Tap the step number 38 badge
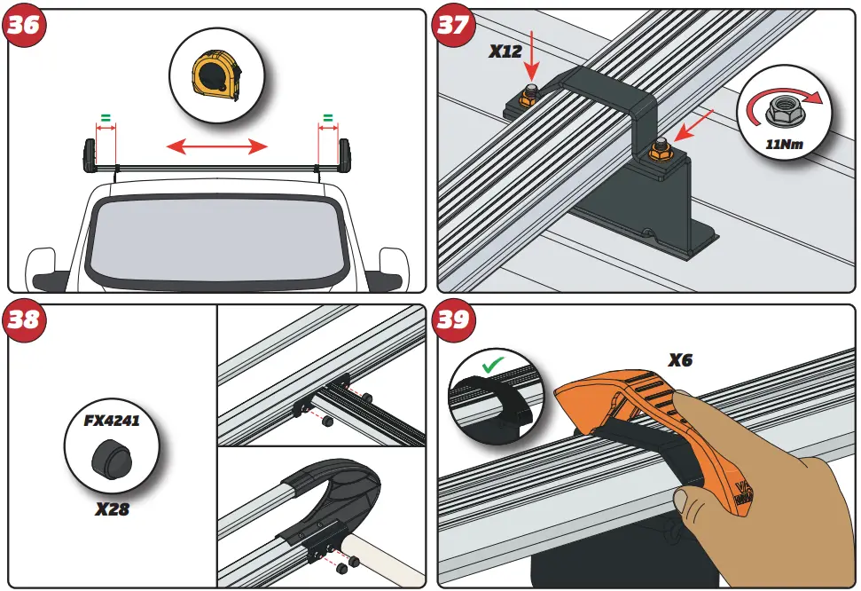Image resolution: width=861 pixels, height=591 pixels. pos(24,319)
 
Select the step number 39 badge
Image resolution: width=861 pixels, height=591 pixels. pos(452,319)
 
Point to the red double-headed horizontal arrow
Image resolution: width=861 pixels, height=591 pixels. pos(217,145)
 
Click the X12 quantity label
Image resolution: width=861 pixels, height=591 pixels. pos(506,52)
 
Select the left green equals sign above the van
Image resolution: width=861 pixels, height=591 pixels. pos(106,117)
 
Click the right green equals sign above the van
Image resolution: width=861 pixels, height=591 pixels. pos(327,117)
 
